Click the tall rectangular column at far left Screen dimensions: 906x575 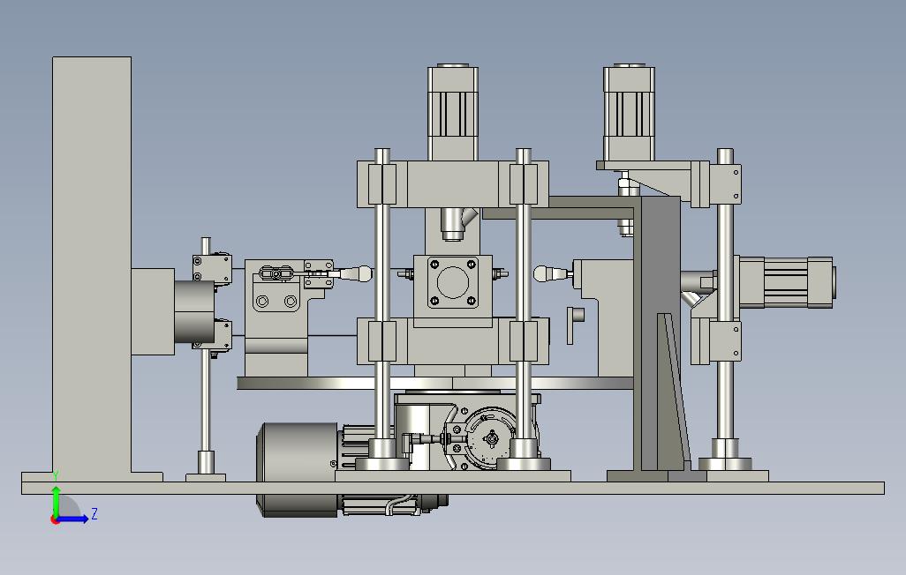tap(91, 265)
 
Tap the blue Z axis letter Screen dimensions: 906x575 tap(94, 513)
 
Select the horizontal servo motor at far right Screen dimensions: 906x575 tap(785, 282)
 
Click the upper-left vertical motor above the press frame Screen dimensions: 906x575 tap(452, 112)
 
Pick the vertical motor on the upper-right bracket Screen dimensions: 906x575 tap(629, 113)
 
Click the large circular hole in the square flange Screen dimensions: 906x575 tap(452, 282)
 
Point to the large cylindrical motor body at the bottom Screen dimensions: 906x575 tap(297, 469)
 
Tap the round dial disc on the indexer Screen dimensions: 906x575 tap(491, 439)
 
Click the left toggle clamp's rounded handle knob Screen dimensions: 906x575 tap(363, 273)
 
